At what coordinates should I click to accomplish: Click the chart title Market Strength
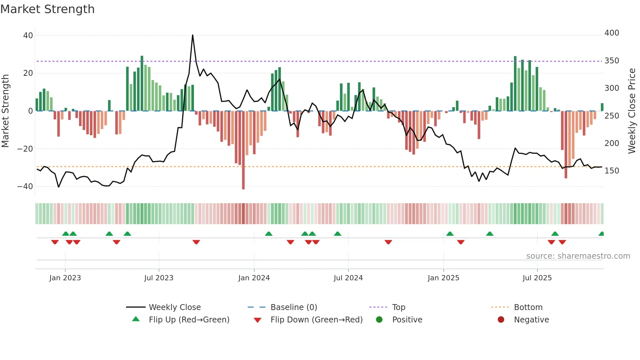47,9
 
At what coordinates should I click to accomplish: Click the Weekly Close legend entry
174,307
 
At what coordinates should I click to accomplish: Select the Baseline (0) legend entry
294,307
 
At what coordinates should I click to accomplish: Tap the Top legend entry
398,307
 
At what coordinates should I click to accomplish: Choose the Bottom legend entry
528,307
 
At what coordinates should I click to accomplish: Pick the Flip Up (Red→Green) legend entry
189,319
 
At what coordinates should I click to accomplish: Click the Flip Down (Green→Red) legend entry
316,319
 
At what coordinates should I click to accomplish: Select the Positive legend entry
407,319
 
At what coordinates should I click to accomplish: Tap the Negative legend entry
531,319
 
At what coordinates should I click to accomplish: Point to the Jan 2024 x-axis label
254,278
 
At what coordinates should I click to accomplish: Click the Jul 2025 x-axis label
537,278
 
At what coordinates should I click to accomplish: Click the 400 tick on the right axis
612,33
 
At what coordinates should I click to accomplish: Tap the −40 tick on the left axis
25,187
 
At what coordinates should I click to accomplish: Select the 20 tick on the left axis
28,73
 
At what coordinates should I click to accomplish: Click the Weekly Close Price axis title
632,111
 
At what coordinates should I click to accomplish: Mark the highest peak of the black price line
193,35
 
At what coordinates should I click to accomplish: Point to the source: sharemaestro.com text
578,256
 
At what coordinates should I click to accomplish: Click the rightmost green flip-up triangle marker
601,234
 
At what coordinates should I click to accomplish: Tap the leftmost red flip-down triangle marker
55,242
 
